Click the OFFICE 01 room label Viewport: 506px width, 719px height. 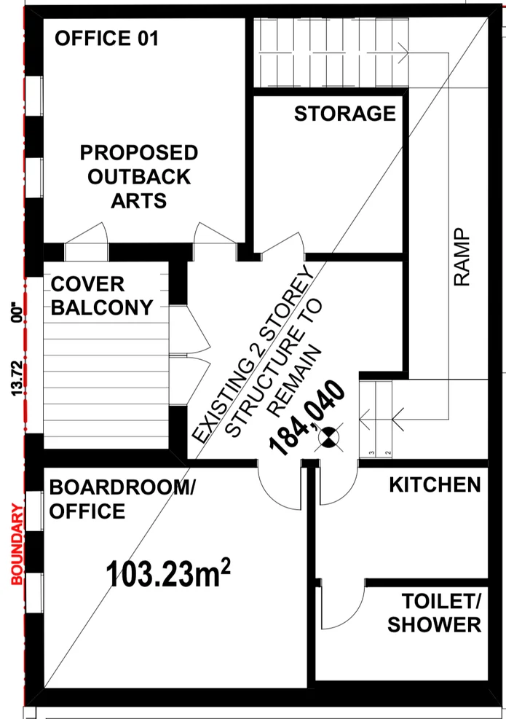point(107,38)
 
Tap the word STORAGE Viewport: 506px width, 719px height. point(345,114)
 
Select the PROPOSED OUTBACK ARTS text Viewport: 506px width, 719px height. point(139,176)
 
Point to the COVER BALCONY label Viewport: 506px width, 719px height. point(102,296)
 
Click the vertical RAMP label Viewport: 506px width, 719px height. point(462,257)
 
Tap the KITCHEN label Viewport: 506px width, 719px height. point(435,484)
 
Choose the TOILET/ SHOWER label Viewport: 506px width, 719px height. point(435,613)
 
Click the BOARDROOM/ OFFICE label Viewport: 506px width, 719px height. point(122,499)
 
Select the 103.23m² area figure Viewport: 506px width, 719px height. point(167,573)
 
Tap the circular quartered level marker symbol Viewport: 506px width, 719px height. point(327,437)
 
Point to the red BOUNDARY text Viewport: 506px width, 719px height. point(17,544)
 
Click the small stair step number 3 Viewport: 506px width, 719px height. point(372,453)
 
